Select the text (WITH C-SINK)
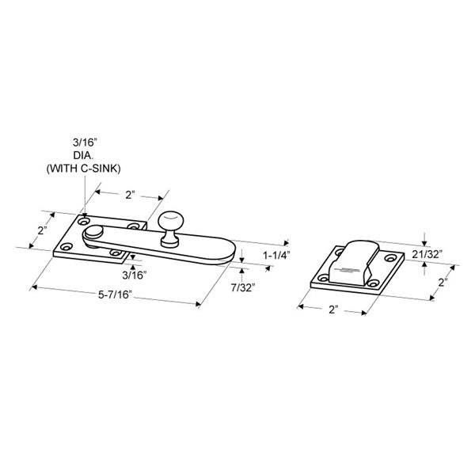[x=83, y=168]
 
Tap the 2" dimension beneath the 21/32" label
[x=443, y=282]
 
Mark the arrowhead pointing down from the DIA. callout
[x=85, y=213]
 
